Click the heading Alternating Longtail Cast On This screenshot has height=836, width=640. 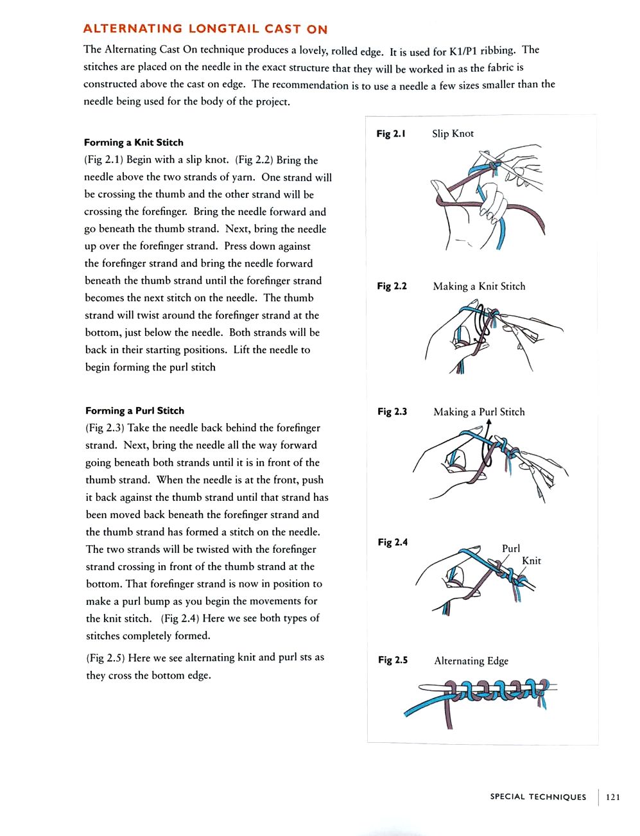pyautogui.click(x=205, y=29)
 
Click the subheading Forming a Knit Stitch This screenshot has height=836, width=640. pyautogui.click(x=134, y=143)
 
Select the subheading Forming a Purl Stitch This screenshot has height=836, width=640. pyautogui.click(x=135, y=411)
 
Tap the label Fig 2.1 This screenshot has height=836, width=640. pyautogui.click(x=391, y=134)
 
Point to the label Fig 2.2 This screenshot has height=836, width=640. pyautogui.click(x=392, y=286)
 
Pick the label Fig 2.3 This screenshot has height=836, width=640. pyautogui.click(x=392, y=412)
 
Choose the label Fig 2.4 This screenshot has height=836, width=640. pyautogui.click(x=392, y=543)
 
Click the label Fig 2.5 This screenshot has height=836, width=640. pyautogui.click(x=393, y=660)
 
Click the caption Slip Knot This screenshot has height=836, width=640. pyautogui.click(x=453, y=134)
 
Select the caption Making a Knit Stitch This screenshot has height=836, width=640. pyautogui.click(x=479, y=286)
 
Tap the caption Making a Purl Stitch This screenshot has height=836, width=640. pyautogui.click(x=479, y=412)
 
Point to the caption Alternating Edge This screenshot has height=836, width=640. pyautogui.click(x=471, y=661)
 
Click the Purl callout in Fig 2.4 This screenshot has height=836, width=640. pyautogui.click(x=511, y=548)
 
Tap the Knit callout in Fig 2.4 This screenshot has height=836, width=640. pyautogui.click(x=532, y=561)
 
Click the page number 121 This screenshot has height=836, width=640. pyautogui.click(x=613, y=797)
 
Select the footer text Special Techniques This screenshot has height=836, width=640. pyautogui.click(x=538, y=797)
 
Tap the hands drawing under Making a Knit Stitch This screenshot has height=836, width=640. pyautogui.click(x=488, y=337)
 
